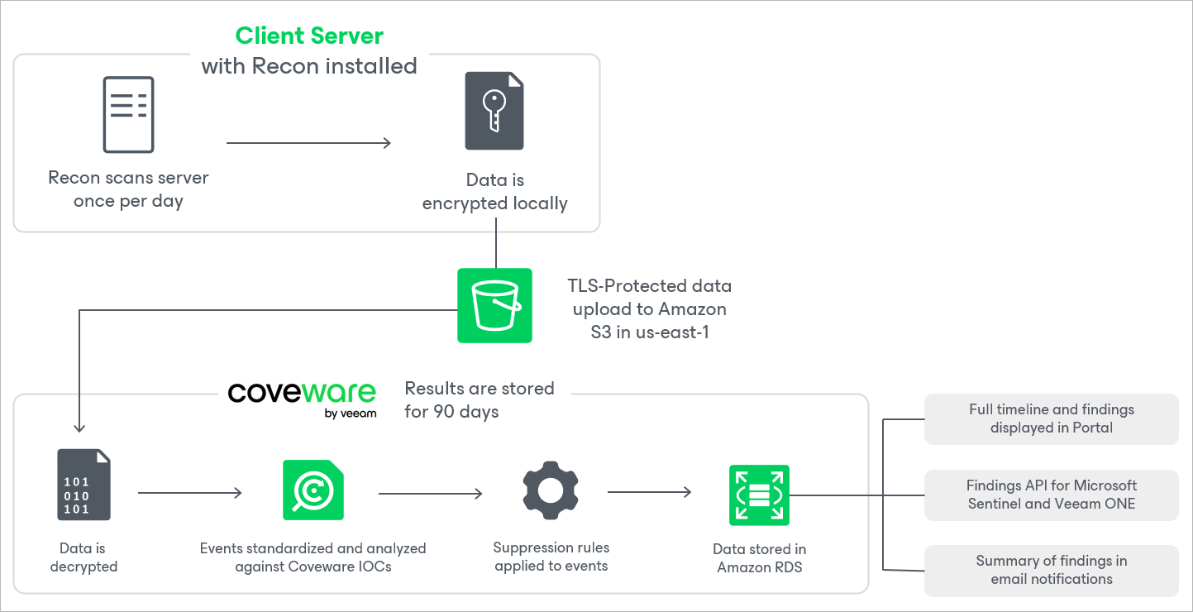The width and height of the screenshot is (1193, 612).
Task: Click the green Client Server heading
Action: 309,36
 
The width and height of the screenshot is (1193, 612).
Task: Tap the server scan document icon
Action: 128,114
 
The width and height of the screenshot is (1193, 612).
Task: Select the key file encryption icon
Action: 494,111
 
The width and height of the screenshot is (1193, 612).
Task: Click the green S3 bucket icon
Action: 494,305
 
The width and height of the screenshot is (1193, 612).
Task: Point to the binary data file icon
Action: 84,485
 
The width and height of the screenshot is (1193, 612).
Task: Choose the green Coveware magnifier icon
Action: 313,490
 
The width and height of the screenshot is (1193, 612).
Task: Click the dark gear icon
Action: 550,491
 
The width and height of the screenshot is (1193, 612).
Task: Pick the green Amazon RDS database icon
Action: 759,495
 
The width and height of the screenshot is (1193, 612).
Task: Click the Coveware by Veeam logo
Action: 303,399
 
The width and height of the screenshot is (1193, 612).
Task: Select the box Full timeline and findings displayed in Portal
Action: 1051,418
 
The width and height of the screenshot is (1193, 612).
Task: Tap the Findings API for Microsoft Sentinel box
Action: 1051,495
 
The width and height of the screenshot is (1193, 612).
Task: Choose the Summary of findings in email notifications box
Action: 1051,570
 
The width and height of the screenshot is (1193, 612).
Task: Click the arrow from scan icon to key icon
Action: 308,143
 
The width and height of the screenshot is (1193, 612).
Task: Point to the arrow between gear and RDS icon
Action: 649,493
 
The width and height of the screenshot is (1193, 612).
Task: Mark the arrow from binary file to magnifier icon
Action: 189,493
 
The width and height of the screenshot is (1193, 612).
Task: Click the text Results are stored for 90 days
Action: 480,399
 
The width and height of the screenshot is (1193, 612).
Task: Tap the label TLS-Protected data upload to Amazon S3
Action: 649,308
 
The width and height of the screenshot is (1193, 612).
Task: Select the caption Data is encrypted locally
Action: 494,192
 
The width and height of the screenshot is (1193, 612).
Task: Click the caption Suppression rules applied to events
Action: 551,557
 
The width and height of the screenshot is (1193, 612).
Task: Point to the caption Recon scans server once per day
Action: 128,189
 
